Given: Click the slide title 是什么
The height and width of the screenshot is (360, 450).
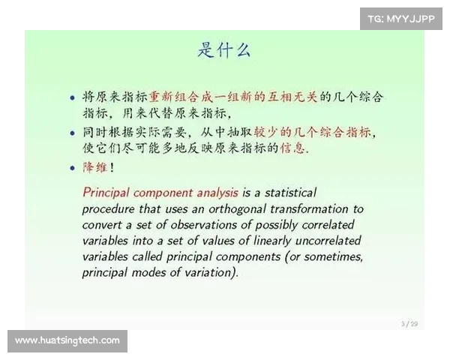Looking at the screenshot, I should pos(224,50).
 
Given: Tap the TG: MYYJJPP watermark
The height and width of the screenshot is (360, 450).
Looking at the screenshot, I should pos(400,19).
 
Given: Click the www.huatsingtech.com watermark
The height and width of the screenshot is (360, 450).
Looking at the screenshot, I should pos(67,340).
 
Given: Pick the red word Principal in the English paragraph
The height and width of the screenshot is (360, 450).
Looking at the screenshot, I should pos(106,193).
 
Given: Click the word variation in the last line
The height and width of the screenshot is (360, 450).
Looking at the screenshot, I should pos(210,272).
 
